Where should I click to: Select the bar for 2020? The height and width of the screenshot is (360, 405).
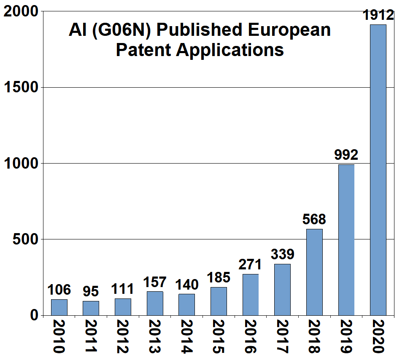coord(378,169)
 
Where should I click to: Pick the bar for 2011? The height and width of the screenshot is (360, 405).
coord(91,308)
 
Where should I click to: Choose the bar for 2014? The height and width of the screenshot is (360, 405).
coord(186,304)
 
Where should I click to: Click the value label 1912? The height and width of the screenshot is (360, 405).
coord(378,16)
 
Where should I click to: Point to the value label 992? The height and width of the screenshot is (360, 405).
coord(346,155)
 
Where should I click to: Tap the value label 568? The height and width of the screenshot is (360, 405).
coord(314,220)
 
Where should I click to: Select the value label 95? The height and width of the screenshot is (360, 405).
coord(91,291)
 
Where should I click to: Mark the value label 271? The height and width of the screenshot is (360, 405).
coord(250,265)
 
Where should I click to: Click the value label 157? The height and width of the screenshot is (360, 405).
coord(155,282)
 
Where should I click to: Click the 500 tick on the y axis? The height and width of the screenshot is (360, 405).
coord(27,239)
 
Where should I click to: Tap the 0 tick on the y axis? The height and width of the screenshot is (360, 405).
coord(35,315)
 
